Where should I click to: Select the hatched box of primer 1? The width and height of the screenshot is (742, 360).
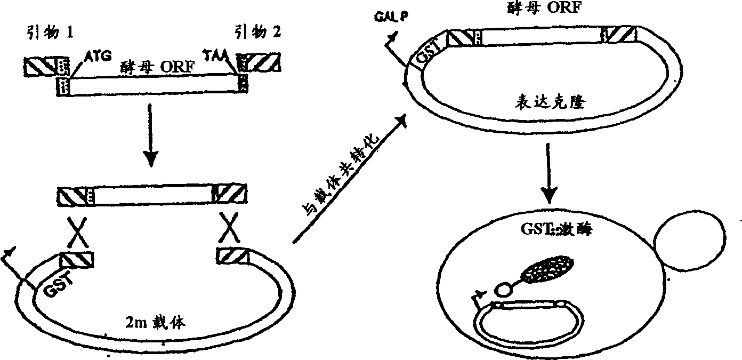40,66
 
